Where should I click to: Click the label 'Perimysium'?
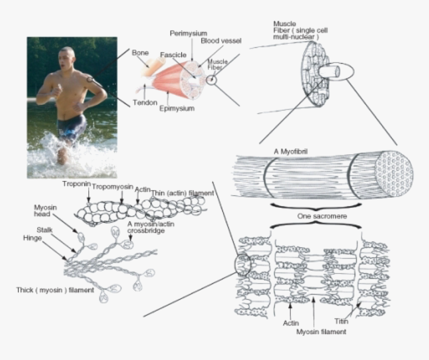(188, 33)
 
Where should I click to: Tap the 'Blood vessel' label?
(221, 41)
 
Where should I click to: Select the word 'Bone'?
(140, 52)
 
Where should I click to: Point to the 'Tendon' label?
(145, 102)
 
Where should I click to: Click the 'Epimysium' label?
(177, 108)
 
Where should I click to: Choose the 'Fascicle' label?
(173, 54)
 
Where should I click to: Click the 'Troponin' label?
(76, 184)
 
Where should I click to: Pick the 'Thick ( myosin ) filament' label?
(54, 290)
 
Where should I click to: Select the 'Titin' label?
(341, 322)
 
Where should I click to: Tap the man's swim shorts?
(71, 128)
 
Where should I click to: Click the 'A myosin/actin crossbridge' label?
(146, 227)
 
